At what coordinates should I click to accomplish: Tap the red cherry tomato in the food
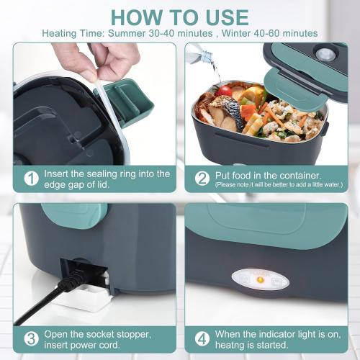point(224,91)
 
